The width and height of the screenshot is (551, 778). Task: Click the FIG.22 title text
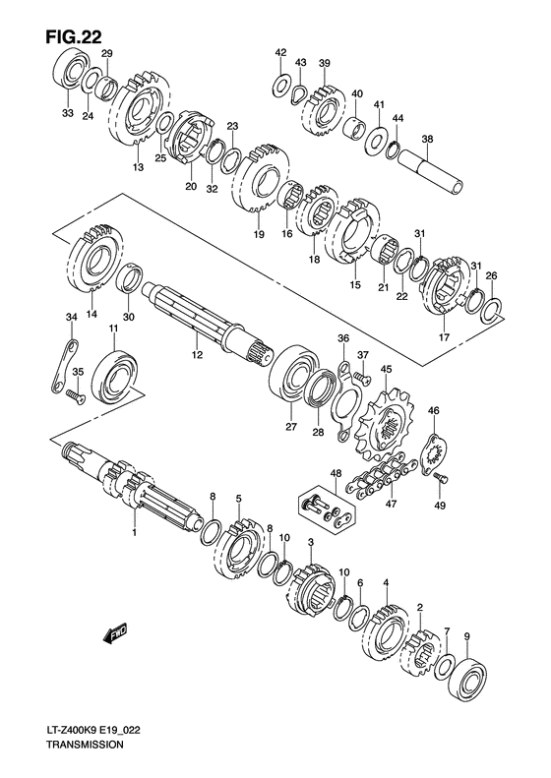pos(75,36)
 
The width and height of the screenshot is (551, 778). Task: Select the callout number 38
pos(427,140)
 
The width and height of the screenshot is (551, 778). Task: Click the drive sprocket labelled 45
pos(384,426)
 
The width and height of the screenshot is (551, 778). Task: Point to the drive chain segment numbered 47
pos(383,474)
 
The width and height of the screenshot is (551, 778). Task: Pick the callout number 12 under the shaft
pos(198,355)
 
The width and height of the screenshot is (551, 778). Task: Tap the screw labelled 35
pos(75,395)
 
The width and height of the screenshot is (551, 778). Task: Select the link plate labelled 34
pos(64,367)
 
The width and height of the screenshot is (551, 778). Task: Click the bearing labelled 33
pos(70,70)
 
